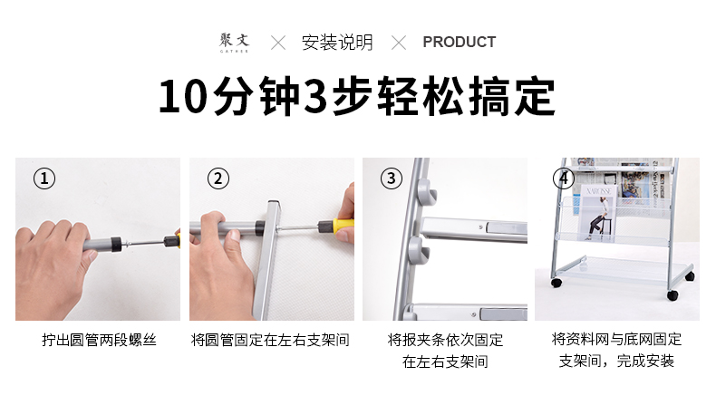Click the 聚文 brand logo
point(234,43)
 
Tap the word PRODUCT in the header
point(459,42)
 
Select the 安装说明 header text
point(337,43)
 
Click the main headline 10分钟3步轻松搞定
point(356,96)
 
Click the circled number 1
point(44,178)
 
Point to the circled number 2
point(218,178)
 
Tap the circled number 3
point(392,178)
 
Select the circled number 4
point(564,178)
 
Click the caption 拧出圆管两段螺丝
point(99,340)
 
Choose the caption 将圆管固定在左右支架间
point(270,340)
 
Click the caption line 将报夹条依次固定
point(445,340)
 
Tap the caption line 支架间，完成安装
point(616,362)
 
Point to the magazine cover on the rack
point(597,213)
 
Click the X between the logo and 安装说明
point(278,43)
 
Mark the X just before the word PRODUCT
point(399,43)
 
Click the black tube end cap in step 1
point(116,245)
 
